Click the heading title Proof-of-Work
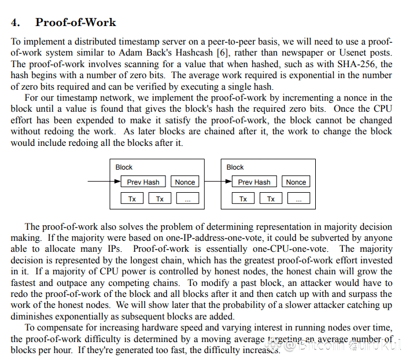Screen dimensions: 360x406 (75, 23)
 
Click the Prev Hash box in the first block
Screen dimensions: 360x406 (143, 182)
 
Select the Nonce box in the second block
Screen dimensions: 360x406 (296, 182)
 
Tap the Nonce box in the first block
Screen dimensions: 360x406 (184, 182)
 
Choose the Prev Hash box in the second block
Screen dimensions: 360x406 (254, 182)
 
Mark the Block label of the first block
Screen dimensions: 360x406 (124, 167)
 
